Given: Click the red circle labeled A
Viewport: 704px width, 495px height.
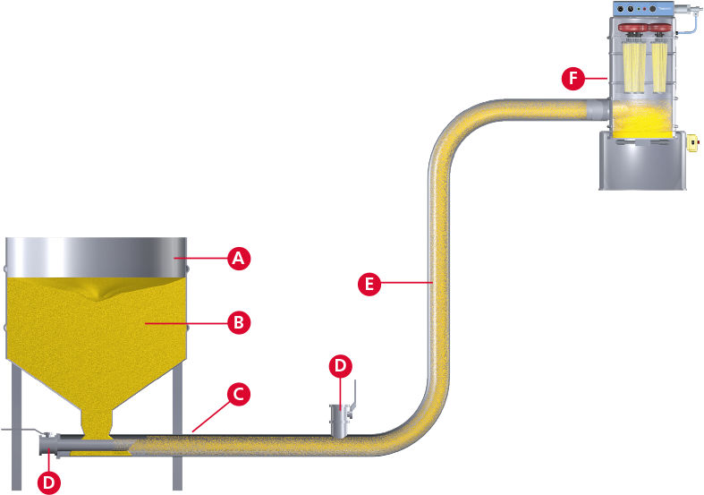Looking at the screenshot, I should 237,259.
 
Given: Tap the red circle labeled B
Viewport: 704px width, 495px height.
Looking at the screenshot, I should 237,322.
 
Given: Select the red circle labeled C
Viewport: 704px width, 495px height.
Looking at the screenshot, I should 237,394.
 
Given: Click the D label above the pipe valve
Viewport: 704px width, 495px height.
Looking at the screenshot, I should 340,365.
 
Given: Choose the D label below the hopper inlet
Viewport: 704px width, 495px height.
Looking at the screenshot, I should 50,482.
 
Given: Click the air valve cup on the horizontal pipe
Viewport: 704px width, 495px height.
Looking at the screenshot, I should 339,419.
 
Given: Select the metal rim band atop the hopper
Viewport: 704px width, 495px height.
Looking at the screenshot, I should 97,257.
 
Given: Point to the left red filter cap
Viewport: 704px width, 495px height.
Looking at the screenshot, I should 632,35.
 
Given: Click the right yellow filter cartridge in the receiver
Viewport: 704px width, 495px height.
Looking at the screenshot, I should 660,68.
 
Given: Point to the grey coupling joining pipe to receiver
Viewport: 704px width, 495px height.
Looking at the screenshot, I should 597,109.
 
